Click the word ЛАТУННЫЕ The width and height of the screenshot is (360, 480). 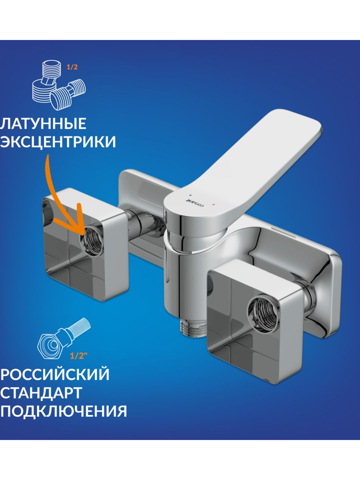pos(43,123)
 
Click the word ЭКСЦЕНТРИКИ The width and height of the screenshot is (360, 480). pos(58,142)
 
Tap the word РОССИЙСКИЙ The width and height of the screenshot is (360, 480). pos(54,374)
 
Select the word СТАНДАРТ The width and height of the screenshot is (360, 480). pos(41,392)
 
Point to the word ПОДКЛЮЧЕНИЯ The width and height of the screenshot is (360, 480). pos(63,411)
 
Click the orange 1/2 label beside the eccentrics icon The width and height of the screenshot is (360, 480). pos(72,67)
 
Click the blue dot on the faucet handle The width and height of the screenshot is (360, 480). pos(191,194)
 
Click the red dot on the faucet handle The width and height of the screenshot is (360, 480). pos(214,205)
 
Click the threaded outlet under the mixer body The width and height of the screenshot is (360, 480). pos(192,329)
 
